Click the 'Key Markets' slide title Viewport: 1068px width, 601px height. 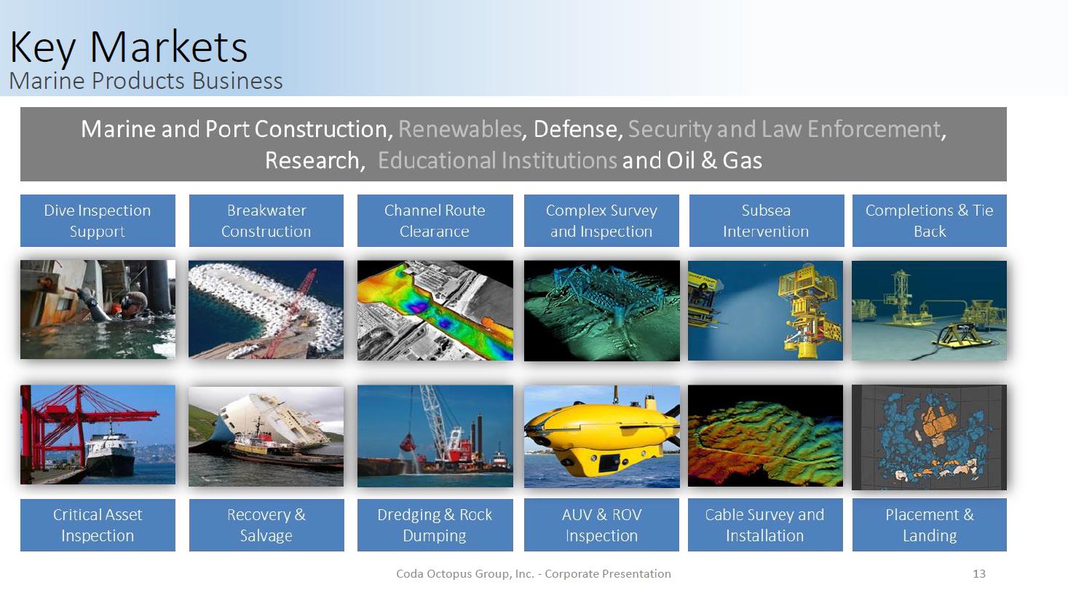tap(128, 47)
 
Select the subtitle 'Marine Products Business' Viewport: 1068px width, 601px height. tap(146, 81)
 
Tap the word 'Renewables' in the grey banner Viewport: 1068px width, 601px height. tap(459, 129)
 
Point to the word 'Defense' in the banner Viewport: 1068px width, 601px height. tap(575, 129)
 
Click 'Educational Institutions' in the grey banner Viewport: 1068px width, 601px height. tap(497, 160)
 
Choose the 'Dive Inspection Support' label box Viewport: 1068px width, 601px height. tap(98, 220)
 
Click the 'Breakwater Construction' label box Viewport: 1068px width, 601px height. tap(266, 220)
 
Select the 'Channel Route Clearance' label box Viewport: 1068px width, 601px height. tap(435, 220)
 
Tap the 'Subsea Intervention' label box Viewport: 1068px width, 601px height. tap(766, 220)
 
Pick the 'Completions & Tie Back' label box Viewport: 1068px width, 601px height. tap(929, 220)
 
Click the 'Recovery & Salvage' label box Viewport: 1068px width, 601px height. tap(266, 525)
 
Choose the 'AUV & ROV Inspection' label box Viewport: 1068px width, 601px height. tap(601, 525)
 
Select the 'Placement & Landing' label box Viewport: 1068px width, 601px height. tap(929, 525)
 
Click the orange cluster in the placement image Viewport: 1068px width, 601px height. tap(938, 422)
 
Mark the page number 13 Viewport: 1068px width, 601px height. tap(979, 574)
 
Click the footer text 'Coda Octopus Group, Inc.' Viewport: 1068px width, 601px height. tap(465, 574)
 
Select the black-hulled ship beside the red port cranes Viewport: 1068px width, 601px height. tap(111, 453)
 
